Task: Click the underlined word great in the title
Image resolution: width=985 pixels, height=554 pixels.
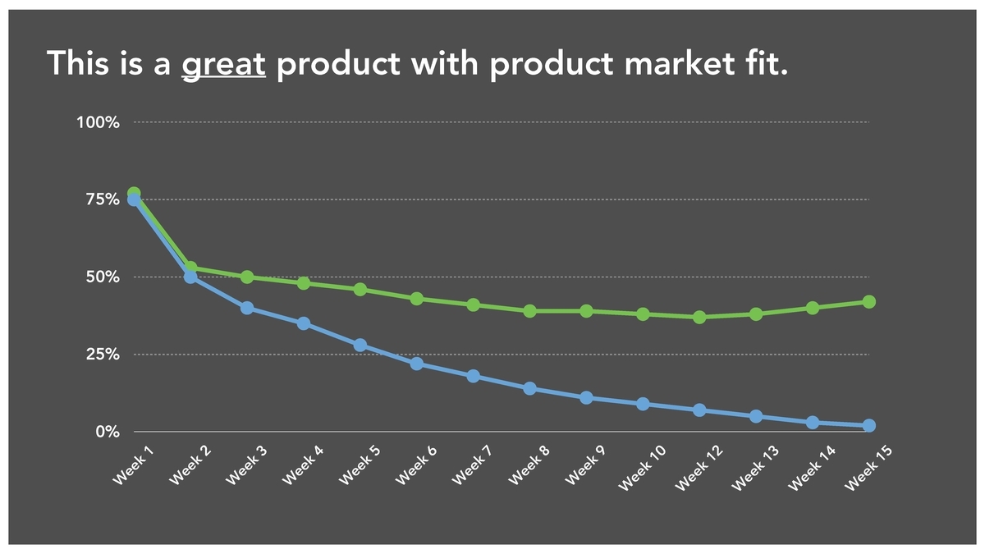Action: pos(223,65)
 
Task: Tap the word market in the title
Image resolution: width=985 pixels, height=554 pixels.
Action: pos(679,63)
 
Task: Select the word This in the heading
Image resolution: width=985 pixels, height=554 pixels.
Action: pos(78,63)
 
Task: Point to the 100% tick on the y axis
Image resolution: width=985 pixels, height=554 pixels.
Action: pos(98,122)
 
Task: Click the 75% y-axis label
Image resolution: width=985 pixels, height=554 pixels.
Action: pos(103,199)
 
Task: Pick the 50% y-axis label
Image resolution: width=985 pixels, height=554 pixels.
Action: pos(103,277)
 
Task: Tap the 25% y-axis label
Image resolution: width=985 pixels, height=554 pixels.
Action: pos(103,355)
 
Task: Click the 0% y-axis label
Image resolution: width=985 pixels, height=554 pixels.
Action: pos(108,432)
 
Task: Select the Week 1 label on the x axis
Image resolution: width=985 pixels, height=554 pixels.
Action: pos(133,465)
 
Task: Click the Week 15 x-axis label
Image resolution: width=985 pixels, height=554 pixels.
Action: pos(868,468)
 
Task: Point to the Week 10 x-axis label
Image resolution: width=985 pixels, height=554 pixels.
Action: pos(642,468)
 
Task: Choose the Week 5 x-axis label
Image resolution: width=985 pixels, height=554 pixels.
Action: pos(360,465)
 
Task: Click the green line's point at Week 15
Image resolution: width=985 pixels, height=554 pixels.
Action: pos(869,302)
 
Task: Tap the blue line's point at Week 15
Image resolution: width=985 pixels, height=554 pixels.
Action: pos(869,426)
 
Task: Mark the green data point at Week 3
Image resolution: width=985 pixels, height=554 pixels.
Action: pos(247,277)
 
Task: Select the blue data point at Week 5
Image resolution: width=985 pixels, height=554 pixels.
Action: pos(360,346)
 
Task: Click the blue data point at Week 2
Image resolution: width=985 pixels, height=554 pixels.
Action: pos(190,277)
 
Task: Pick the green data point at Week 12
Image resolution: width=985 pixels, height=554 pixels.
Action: pos(699,317)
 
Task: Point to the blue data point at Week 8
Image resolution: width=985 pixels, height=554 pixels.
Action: pos(530,388)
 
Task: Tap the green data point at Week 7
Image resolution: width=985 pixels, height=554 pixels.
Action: pos(473,304)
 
